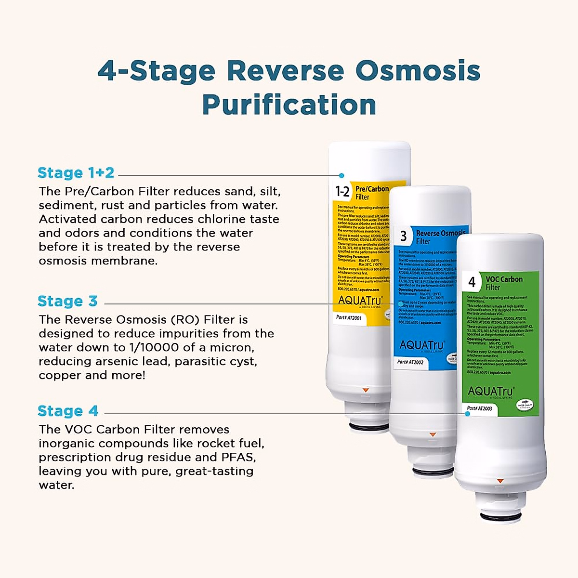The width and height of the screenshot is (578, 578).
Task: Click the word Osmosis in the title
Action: click(x=418, y=71)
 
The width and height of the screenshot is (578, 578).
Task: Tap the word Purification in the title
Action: click(x=289, y=105)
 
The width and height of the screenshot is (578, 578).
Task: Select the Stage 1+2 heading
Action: click(x=76, y=173)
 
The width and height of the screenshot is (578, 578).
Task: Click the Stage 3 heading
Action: click(x=67, y=302)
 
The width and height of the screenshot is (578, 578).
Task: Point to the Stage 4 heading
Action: click(x=68, y=411)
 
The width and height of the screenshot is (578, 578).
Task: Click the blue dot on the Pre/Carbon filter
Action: click(x=342, y=176)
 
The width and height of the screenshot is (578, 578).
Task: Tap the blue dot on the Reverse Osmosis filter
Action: click(x=400, y=304)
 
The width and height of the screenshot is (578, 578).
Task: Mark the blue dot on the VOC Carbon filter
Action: click(x=467, y=414)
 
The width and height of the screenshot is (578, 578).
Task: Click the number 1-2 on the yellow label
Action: click(x=342, y=192)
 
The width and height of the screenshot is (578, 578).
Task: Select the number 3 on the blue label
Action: click(x=404, y=236)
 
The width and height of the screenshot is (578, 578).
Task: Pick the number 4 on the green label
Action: click(x=472, y=282)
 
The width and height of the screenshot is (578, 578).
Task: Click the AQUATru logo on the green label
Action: click(x=491, y=391)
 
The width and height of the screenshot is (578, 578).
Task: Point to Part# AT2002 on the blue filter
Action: click(x=410, y=362)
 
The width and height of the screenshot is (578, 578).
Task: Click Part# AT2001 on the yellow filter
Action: click(x=349, y=318)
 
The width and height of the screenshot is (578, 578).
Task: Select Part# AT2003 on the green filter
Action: click(x=480, y=408)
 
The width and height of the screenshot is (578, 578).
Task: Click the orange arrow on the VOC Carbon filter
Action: click(x=500, y=480)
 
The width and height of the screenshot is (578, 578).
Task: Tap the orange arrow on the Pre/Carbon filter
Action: click(x=365, y=389)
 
